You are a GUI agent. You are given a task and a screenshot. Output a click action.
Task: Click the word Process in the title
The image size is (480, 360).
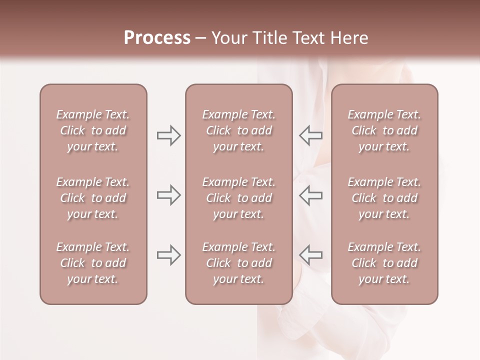157,38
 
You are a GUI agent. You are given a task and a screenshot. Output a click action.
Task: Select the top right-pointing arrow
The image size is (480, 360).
168,135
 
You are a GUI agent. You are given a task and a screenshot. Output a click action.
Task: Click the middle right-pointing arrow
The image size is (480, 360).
168,195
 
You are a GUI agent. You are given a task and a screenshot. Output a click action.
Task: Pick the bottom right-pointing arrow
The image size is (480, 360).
168,255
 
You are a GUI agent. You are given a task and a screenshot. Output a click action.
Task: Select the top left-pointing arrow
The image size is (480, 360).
311,135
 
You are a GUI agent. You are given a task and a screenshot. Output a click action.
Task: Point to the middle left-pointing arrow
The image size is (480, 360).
311,195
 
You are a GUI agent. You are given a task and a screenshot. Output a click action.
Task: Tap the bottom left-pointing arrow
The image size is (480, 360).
311,255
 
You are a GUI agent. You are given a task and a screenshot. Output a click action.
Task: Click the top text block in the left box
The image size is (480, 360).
93,130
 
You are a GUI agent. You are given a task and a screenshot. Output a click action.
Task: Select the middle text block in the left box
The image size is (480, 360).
93,198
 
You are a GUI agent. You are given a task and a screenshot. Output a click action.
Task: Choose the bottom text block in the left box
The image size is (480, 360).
93,263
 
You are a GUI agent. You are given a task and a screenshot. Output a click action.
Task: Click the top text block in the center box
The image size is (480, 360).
239,130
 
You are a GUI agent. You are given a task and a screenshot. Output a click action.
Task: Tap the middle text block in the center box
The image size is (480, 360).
239,198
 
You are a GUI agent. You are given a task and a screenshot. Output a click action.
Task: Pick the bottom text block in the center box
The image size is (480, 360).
239,263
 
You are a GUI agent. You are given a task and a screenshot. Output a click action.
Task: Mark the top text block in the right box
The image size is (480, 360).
384,130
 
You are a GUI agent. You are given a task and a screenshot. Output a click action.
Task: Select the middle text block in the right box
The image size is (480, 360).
384,198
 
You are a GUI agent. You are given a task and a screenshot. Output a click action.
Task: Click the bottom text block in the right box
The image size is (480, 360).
384,263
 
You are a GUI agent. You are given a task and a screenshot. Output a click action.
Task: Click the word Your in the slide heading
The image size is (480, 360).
229,38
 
